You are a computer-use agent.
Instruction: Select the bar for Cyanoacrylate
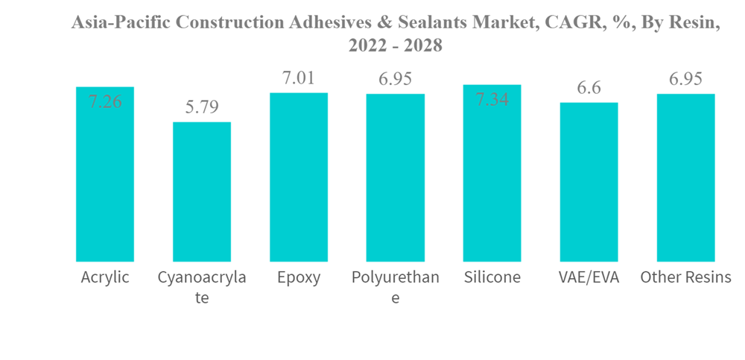(x=202, y=192)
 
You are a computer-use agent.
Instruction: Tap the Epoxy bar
(x=299, y=177)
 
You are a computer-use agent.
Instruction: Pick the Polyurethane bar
(x=396, y=178)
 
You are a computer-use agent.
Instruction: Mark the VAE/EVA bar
(x=589, y=183)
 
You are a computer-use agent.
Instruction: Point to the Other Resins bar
(x=685, y=178)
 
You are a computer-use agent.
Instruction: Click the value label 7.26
(x=105, y=102)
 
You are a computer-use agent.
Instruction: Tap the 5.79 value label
(x=202, y=107)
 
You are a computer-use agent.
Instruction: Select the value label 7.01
(x=299, y=78)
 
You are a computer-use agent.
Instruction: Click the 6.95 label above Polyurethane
(x=396, y=79)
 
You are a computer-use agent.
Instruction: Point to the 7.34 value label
(x=492, y=99)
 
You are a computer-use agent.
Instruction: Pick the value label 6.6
(x=589, y=88)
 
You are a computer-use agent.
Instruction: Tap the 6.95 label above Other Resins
(x=685, y=79)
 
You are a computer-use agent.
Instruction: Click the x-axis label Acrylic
(x=105, y=278)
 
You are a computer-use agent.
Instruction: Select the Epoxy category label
(x=299, y=278)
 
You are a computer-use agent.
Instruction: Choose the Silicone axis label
(x=492, y=278)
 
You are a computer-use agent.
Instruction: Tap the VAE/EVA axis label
(x=589, y=278)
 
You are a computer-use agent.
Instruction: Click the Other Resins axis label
(x=685, y=278)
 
